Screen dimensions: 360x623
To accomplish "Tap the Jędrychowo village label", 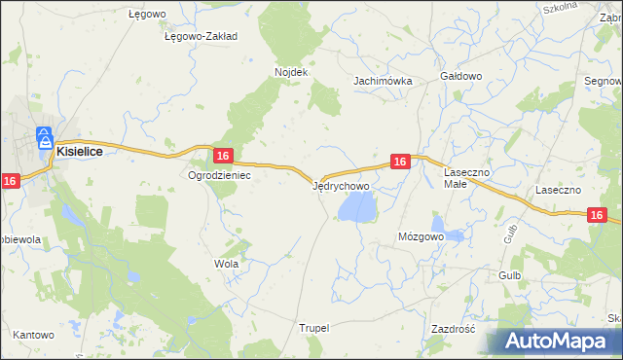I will click(340, 185).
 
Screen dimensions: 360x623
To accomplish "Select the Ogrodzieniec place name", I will click(220, 176).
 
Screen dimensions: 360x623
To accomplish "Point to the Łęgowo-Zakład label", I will click(202, 36).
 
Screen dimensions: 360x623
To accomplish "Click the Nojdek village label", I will click(291, 72).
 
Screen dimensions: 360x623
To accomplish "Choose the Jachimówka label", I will click(384, 82).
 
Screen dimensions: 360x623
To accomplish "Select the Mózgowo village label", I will click(421, 236).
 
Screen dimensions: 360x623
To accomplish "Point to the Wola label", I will click(226, 264).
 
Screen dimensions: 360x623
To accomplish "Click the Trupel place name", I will click(315, 329).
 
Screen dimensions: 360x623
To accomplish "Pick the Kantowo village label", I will click(33, 335).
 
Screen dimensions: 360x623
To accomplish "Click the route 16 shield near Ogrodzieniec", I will click(223, 156).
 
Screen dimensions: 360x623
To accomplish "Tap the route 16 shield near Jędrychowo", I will click(400, 162).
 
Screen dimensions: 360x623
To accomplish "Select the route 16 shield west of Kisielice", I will click(11, 180).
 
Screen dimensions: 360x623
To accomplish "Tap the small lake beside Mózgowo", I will click(455, 234).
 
